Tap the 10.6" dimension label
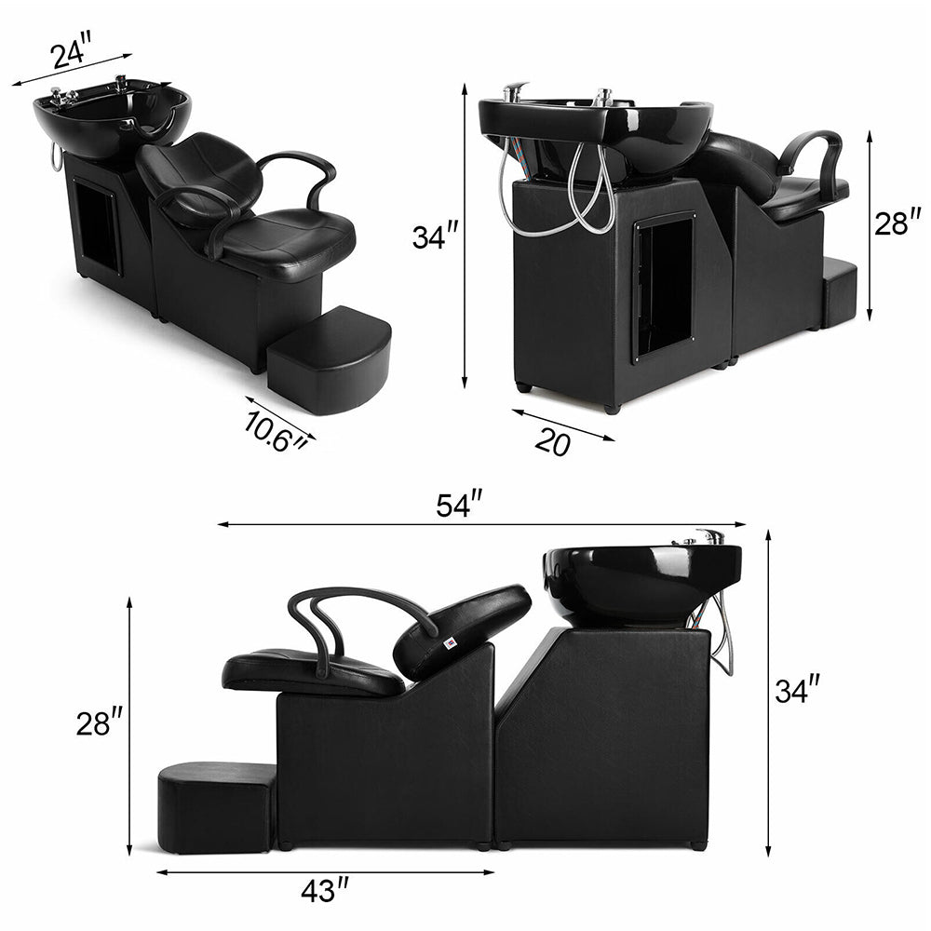point(276,429)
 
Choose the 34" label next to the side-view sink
point(798,691)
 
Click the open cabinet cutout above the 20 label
point(664,284)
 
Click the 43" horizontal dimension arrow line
point(326,872)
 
